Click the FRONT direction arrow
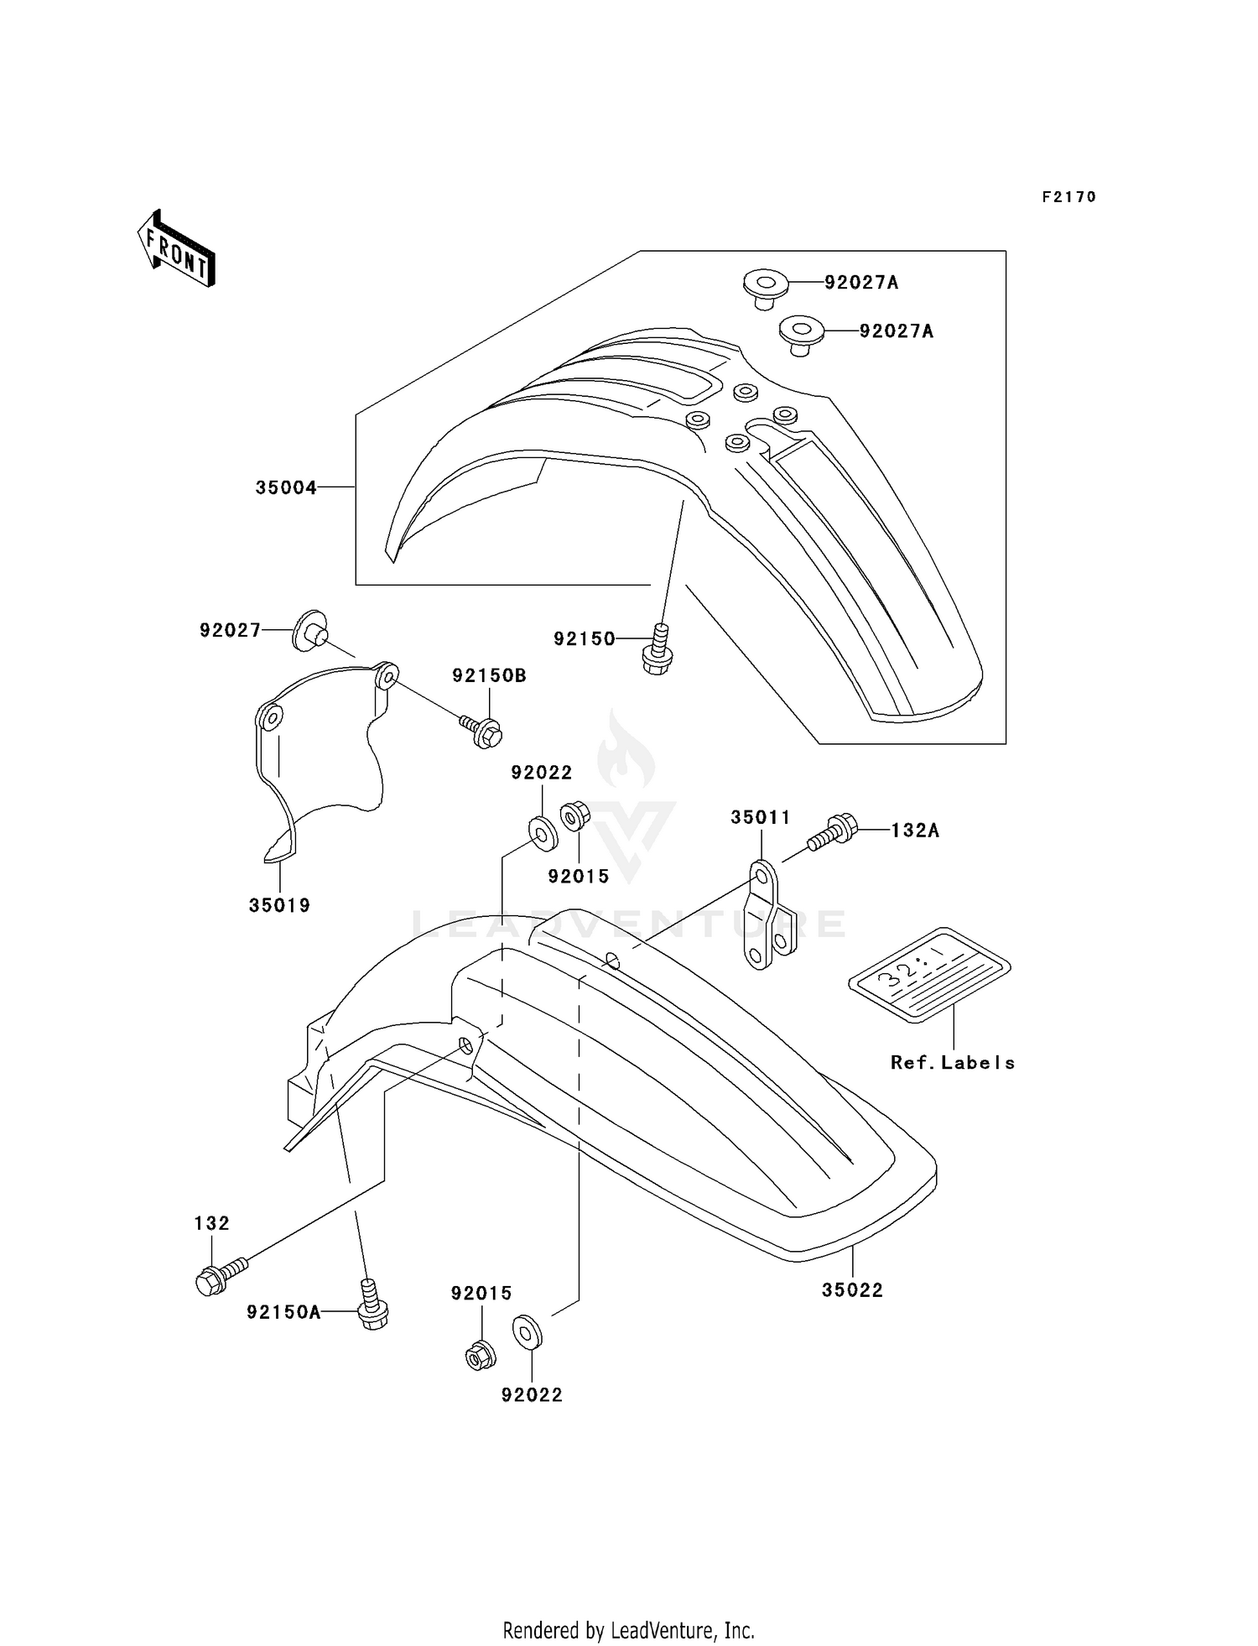(x=177, y=249)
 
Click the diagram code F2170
(x=1068, y=197)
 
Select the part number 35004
(x=286, y=487)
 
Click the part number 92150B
(x=489, y=675)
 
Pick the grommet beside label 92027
(x=310, y=630)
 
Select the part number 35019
(x=279, y=905)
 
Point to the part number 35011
(x=760, y=817)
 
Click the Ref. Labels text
(x=952, y=1063)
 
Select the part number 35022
(x=852, y=1290)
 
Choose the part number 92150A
(x=283, y=1312)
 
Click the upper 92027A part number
(x=860, y=283)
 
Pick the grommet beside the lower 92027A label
(x=799, y=334)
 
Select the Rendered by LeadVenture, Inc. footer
(x=628, y=1630)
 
